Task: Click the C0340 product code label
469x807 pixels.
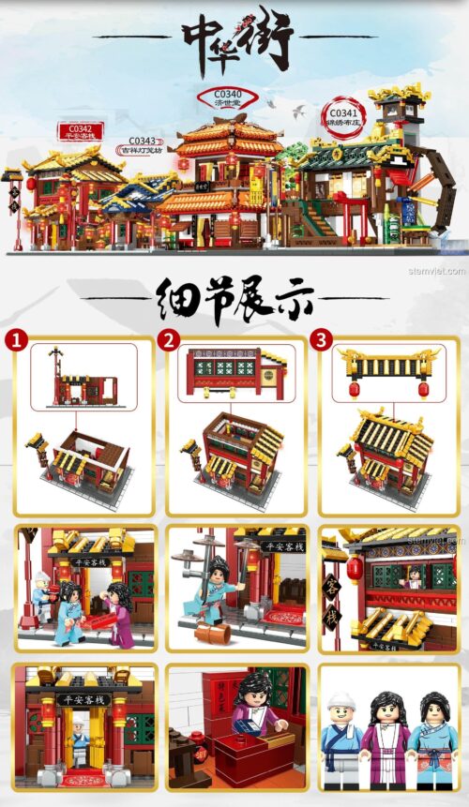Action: point(228,97)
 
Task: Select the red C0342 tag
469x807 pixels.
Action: point(81,131)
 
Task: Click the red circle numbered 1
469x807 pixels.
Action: point(15,339)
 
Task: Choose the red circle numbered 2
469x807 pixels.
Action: point(169,339)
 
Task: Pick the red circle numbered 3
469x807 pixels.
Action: point(322,339)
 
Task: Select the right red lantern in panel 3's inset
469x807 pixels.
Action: point(423,388)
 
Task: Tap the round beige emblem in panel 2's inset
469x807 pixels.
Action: point(268,376)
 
